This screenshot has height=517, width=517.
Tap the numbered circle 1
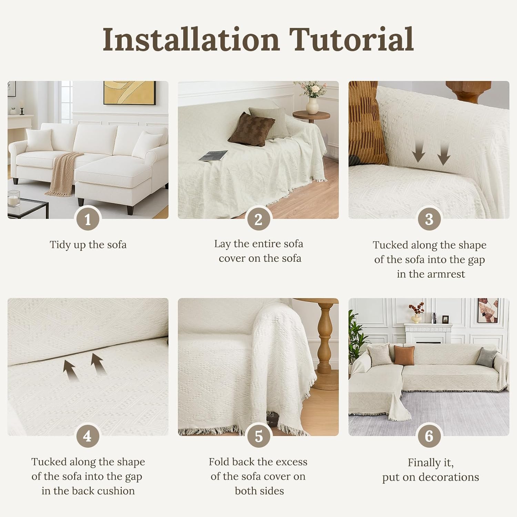click(88, 219)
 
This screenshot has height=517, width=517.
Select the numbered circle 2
click(258, 219)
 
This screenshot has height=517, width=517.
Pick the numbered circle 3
click(429, 219)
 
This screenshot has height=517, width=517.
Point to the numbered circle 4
click(88, 436)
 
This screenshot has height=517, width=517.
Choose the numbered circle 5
click(258, 436)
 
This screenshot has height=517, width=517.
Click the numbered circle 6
click(429, 436)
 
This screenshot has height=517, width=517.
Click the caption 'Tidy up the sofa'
click(88, 245)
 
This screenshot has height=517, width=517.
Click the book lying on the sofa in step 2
click(213, 155)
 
